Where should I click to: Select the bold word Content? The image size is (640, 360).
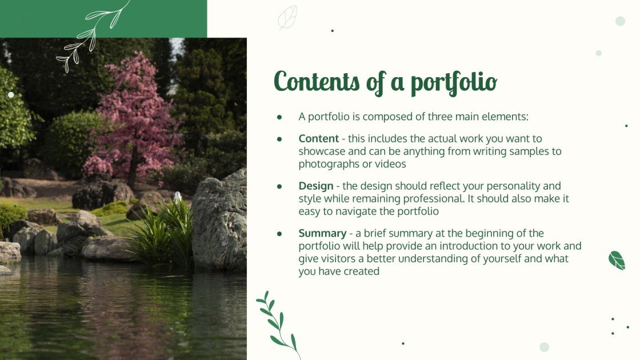click(x=319, y=138)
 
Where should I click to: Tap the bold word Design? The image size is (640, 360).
click(x=315, y=186)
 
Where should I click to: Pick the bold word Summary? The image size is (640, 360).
click(x=322, y=233)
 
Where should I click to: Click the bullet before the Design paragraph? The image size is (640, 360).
click(x=279, y=186)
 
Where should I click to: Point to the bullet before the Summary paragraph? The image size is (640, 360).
click(x=279, y=234)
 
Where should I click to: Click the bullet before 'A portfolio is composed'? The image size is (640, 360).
click(x=279, y=117)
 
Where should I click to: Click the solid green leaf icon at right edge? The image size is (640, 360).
click(x=617, y=260)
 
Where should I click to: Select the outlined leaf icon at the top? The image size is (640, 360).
click(x=287, y=17)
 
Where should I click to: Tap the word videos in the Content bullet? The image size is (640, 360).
click(x=391, y=164)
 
